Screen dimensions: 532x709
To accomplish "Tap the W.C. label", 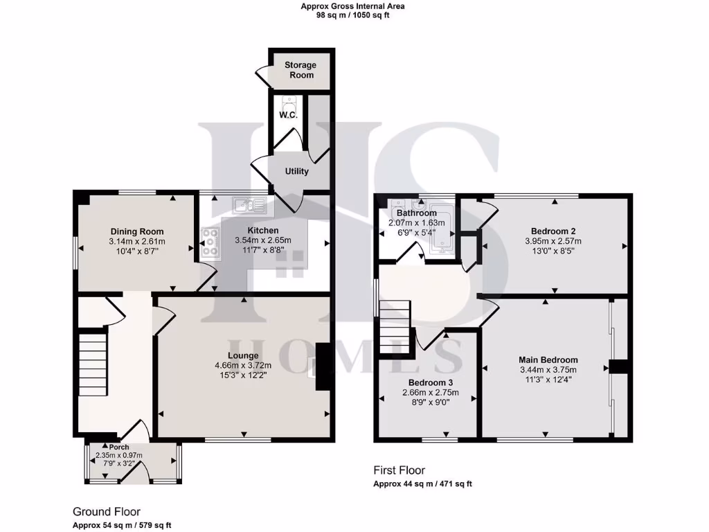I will click(288, 115).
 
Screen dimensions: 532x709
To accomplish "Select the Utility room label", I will click(296, 171).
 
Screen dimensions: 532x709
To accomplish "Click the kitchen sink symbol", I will click(249, 204).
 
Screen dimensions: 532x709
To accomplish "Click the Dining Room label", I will click(137, 231).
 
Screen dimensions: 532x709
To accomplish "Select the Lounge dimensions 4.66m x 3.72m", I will click(242, 365).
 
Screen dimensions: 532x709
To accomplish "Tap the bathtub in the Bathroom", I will click(440, 227).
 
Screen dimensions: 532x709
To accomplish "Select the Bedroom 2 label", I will click(553, 231).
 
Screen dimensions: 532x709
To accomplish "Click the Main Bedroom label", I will click(548, 360).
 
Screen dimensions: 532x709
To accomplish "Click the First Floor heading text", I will click(400, 470).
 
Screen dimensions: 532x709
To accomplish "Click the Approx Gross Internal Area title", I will click(353, 6).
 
